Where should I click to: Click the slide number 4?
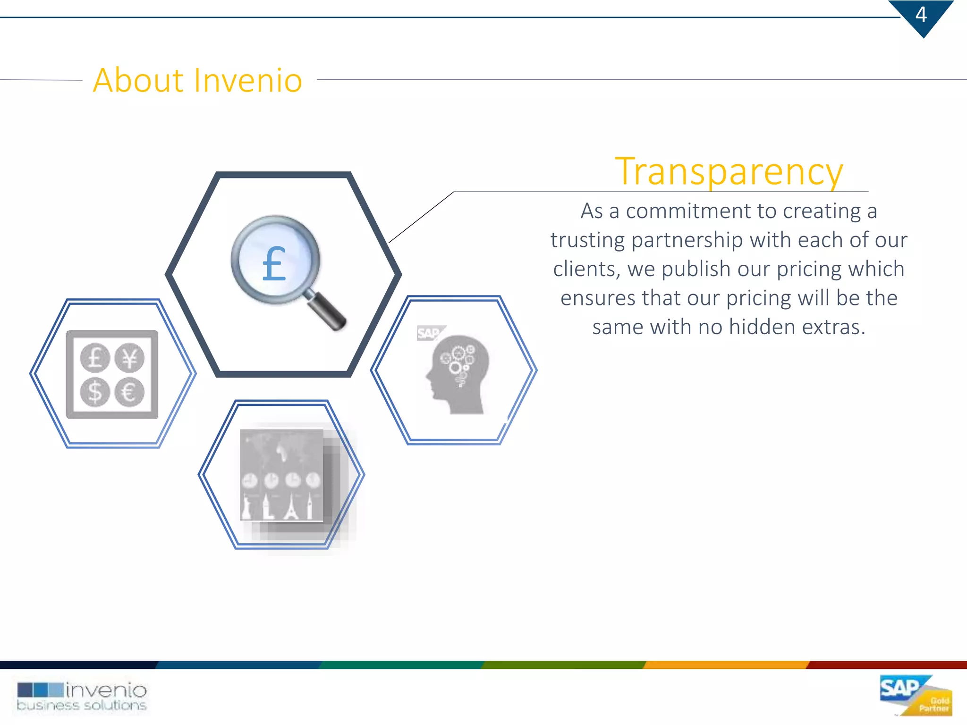(x=921, y=15)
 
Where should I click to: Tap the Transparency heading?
(x=729, y=172)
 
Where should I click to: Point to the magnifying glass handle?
(x=326, y=312)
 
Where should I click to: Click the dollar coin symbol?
(x=95, y=392)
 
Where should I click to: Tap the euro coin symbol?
(x=129, y=392)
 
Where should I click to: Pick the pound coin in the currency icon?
(x=95, y=358)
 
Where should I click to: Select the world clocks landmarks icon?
(x=282, y=476)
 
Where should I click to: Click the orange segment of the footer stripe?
(x=726, y=665)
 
